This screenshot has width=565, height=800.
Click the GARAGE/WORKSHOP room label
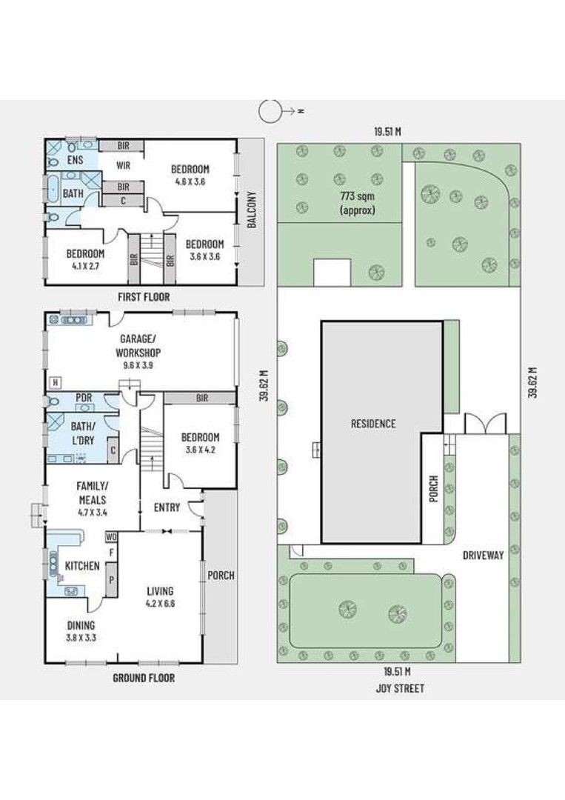[138, 345]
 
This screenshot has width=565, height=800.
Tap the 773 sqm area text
[357, 196]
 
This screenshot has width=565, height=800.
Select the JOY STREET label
[400, 688]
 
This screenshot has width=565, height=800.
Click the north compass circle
[270, 110]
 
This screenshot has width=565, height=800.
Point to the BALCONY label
[251, 209]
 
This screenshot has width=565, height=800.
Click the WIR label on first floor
[123, 165]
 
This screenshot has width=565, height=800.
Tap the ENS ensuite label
[75, 160]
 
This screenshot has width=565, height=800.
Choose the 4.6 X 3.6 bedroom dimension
[190, 181]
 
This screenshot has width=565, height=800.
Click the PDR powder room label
[84, 398]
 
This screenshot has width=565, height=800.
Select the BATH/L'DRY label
[83, 433]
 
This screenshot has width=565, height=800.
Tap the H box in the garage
[55, 382]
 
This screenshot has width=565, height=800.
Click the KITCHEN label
[82, 566]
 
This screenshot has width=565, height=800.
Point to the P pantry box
[111, 579]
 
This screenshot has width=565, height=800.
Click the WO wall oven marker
[111, 537]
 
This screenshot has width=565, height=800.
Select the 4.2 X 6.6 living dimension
[160, 604]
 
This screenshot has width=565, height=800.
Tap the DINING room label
[81, 625]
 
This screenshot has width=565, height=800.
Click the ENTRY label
[167, 507]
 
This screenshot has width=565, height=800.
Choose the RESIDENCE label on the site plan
[373, 424]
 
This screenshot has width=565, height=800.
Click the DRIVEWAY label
[483, 555]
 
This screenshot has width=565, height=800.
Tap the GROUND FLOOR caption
[144, 678]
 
